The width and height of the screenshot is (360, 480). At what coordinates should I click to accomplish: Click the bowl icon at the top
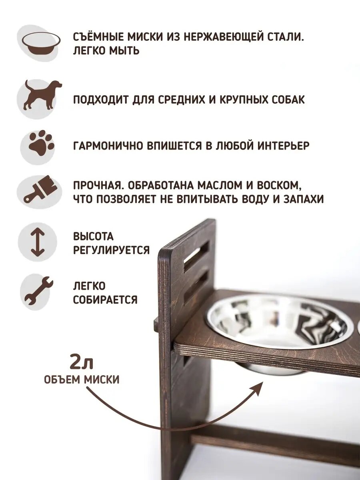tap(41, 43)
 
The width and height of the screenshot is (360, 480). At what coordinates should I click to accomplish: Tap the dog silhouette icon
tap(42, 95)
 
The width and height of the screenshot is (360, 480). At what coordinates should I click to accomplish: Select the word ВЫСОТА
tap(93, 236)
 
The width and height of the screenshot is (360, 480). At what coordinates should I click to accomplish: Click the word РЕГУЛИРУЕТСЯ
tap(111, 250)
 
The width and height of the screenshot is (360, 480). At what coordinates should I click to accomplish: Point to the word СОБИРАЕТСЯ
tap(105, 300)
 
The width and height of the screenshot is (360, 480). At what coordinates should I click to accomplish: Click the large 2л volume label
tap(81, 362)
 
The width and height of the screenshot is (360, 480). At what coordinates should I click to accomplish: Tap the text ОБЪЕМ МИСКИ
tap(82, 379)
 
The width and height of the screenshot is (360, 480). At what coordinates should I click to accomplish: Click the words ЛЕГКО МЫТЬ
tap(106, 51)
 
